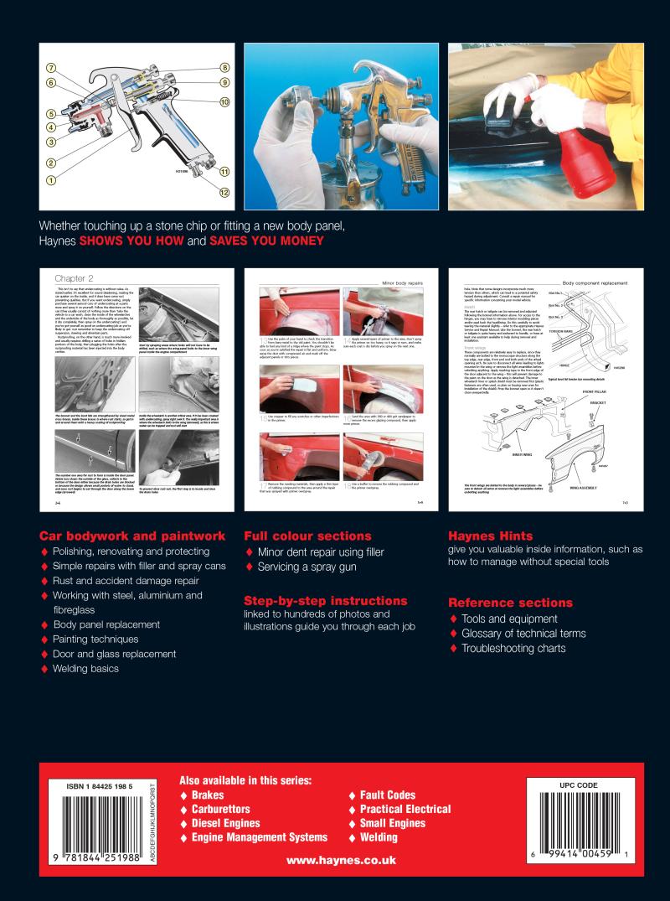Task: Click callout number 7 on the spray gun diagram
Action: (51, 68)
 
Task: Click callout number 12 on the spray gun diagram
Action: (224, 192)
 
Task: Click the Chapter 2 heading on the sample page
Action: (74, 277)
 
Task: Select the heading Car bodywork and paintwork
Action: (132, 536)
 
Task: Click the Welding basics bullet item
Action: (85, 669)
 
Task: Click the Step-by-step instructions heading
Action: (326, 601)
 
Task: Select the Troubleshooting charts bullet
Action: (512, 649)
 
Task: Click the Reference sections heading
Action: (510, 603)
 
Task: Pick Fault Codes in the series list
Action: (387, 795)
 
